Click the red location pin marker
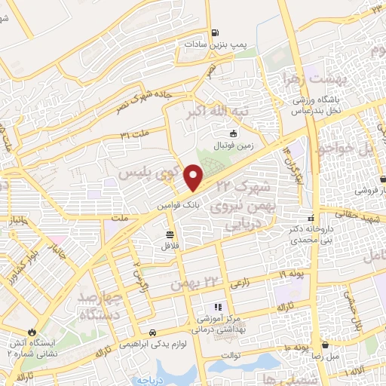[195, 177]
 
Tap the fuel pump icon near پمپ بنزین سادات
[216, 32]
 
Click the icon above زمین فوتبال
[234, 133]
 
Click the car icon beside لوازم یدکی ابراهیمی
[152, 332]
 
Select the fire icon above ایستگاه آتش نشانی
[32, 331]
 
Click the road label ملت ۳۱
[135, 133]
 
